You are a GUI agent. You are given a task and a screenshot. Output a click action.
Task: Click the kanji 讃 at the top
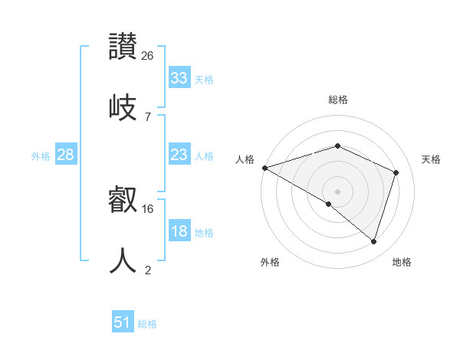click(x=123, y=46)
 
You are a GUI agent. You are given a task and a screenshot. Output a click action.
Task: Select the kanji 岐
click(x=123, y=106)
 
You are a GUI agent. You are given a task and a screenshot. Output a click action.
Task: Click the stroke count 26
click(x=148, y=55)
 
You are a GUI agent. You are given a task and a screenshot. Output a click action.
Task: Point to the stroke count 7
click(x=147, y=116)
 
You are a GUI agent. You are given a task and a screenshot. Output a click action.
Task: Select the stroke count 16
click(x=149, y=208)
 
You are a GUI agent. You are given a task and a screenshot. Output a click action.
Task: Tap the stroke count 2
click(x=147, y=270)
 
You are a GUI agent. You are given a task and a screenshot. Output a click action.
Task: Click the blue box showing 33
click(x=179, y=78)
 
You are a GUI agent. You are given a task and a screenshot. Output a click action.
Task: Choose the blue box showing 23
click(x=179, y=155)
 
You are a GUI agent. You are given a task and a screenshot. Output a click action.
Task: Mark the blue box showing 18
click(x=179, y=232)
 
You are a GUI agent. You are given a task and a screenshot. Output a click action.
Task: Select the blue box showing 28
click(x=66, y=155)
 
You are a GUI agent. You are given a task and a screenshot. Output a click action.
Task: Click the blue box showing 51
click(x=123, y=322)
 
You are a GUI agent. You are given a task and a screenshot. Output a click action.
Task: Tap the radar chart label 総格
click(x=337, y=100)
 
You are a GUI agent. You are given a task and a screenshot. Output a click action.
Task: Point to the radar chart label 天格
click(x=431, y=159)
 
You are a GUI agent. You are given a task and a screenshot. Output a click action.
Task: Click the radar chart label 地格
click(x=402, y=262)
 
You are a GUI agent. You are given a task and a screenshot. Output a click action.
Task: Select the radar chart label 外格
click(x=270, y=262)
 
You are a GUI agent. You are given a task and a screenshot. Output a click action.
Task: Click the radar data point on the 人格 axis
click(x=264, y=168)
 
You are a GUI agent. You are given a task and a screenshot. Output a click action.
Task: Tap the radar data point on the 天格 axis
click(x=396, y=172)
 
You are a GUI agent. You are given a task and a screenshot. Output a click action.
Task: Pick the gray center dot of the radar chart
click(x=337, y=191)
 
